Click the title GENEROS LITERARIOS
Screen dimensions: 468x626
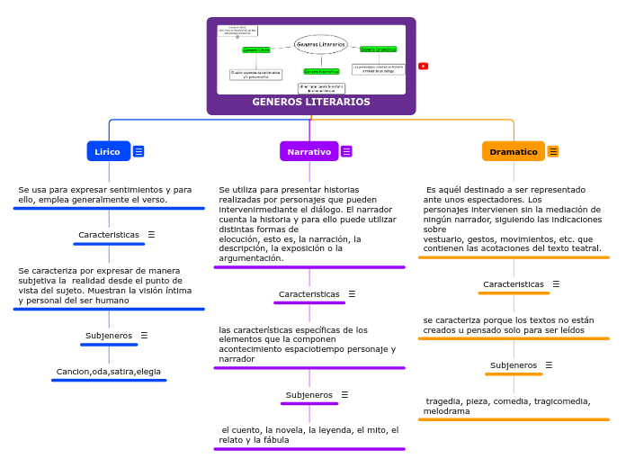click(x=311, y=102)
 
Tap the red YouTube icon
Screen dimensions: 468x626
click(x=424, y=66)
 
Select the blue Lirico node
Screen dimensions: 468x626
click(x=108, y=151)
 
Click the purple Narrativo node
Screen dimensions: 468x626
click(x=309, y=152)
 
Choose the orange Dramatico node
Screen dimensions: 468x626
click(x=513, y=152)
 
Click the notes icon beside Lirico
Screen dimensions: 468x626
click(x=139, y=151)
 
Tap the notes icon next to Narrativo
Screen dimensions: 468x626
click(x=346, y=152)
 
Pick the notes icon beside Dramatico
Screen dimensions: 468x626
click(x=553, y=152)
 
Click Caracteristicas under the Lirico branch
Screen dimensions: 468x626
click(x=109, y=235)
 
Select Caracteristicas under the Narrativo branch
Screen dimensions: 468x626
click(x=309, y=294)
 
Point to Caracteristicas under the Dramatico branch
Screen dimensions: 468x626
click(x=514, y=284)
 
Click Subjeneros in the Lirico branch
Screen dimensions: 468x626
click(x=109, y=336)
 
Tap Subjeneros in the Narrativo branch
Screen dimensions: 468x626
click(x=309, y=395)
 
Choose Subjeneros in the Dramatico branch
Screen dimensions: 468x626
click(x=514, y=365)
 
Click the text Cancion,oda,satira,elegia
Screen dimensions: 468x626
click(x=109, y=372)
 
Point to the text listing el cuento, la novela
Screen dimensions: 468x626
click(x=309, y=435)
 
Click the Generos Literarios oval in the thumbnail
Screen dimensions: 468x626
click(x=321, y=44)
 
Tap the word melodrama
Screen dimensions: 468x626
click(x=447, y=411)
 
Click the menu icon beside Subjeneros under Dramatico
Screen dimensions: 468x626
click(x=549, y=365)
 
